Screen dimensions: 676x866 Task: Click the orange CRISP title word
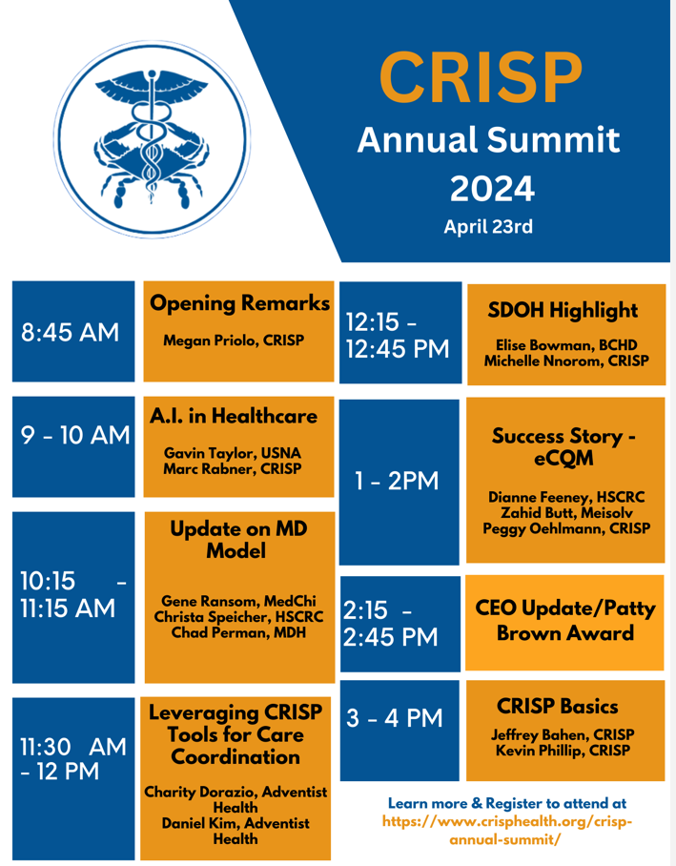click(481, 77)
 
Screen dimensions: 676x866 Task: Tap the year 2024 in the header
click(492, 189)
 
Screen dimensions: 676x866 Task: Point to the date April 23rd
click(488, 226)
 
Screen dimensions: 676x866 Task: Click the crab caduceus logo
click(152, 139)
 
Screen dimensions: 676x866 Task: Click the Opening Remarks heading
click(239, 303)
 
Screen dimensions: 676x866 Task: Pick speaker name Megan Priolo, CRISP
click(234, 340)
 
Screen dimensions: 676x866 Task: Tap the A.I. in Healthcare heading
click(234, 416)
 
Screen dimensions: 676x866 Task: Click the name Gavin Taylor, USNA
click(233, 453)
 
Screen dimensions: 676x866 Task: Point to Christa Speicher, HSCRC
click(238, 617)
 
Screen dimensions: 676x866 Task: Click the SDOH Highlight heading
click(563, 310)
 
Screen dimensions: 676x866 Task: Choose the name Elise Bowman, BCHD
click(566, 345)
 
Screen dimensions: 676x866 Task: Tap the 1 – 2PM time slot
click(397, 481)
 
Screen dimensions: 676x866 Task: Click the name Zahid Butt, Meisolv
click(566, 513)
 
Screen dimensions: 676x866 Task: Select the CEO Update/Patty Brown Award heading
click(565, 621)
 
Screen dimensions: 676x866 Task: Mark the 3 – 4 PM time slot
click(395, 718)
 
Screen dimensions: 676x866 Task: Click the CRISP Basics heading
click(557, 707)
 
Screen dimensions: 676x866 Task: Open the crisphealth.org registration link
click(506, 831)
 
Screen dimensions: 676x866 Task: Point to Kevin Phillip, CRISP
click(563, 752)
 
